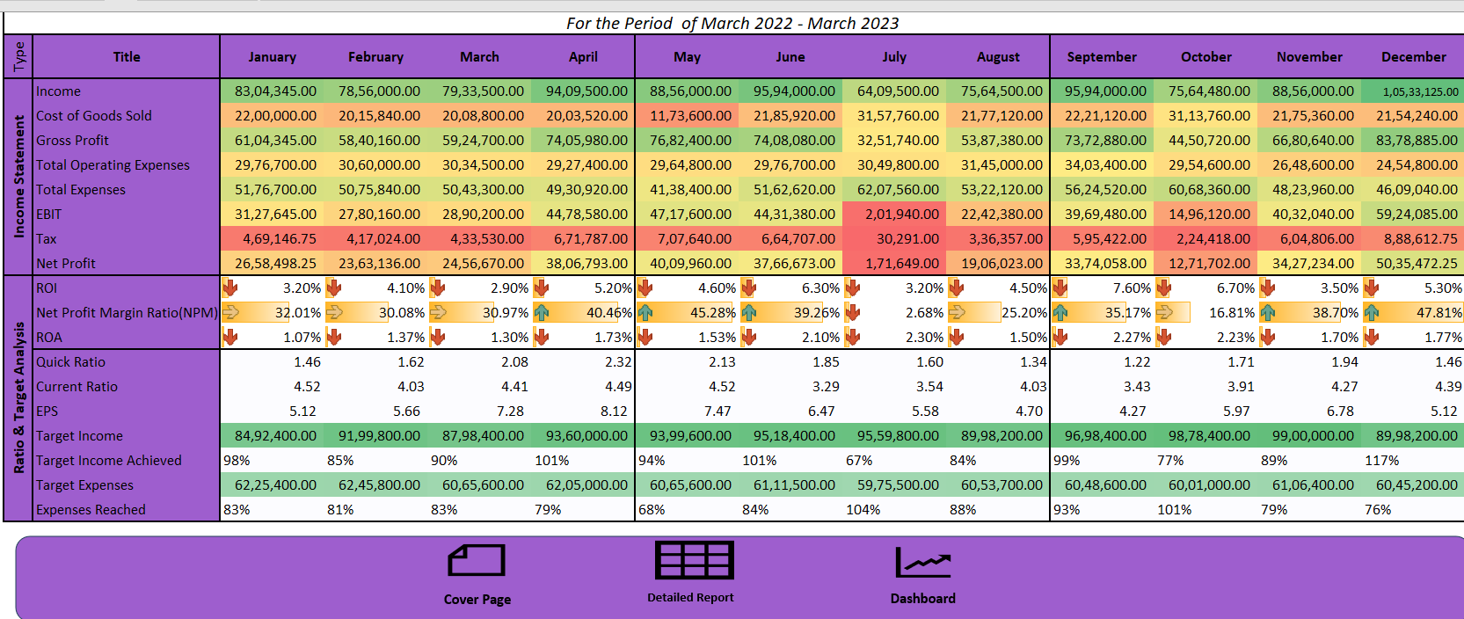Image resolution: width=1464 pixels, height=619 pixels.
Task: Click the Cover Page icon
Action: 477,561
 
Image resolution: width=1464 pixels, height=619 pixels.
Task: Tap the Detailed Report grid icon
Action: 694,560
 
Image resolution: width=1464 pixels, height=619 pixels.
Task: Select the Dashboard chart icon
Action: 922,562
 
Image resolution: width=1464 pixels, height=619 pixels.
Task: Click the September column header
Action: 1101,57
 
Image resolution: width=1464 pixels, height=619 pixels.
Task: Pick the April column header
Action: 583,57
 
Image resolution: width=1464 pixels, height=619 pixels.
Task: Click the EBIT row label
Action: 49,215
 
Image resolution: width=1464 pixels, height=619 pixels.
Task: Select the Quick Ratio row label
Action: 70,362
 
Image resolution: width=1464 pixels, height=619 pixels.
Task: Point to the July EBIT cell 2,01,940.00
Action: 893,215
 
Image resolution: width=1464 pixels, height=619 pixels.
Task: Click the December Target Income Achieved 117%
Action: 1381,461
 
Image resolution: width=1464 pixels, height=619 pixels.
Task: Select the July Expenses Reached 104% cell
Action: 863,510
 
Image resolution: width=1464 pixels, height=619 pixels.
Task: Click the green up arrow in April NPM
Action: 541,313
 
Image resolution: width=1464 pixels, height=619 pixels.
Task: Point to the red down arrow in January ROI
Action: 229,288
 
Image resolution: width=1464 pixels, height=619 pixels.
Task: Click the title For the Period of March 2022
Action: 732,24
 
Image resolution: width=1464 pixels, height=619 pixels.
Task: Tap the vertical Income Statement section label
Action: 18,176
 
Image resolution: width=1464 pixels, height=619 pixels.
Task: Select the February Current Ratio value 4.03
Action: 411,387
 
